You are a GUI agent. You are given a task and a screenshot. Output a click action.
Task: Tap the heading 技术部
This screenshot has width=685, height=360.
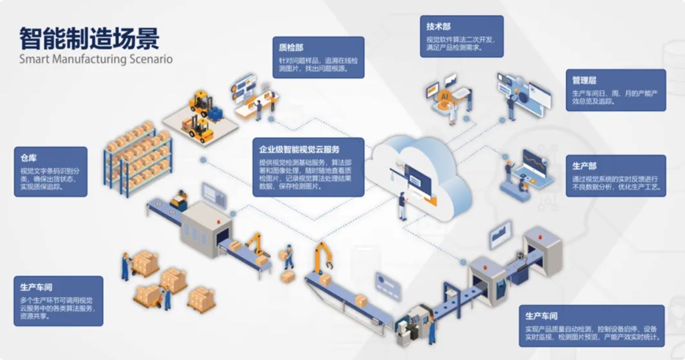(x=439, y=26)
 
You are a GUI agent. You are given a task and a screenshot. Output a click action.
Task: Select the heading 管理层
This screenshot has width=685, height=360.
(x=585, y=79)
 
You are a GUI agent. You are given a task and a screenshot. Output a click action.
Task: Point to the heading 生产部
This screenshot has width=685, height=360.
(x=585, y=166)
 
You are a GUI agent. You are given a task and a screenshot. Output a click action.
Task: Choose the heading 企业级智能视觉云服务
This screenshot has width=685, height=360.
(x=299, y=150)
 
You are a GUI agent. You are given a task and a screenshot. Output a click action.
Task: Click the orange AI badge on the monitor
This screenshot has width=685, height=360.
(x=444, y=96)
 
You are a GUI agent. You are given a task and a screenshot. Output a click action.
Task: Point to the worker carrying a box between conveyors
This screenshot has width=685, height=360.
(x=286, y=261)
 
